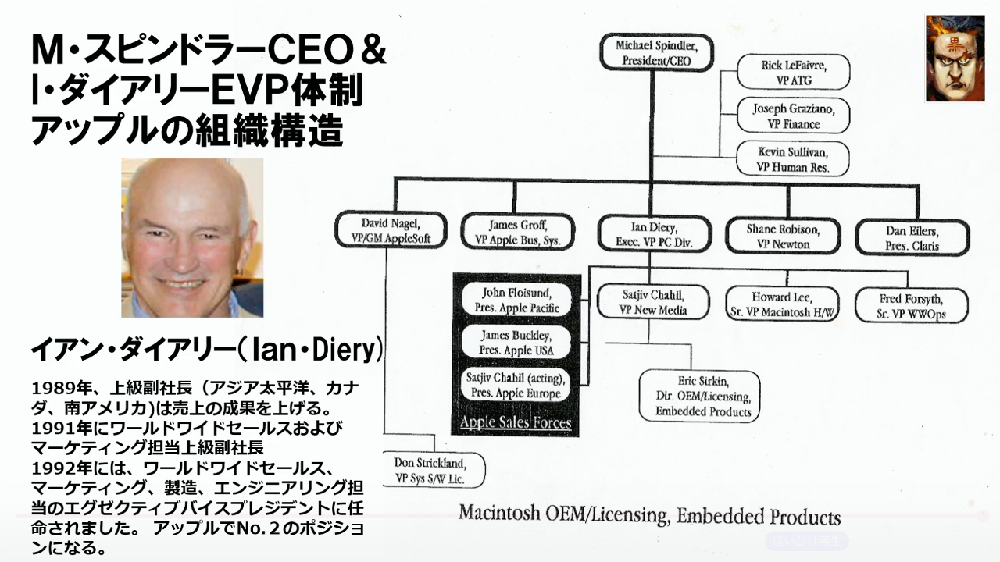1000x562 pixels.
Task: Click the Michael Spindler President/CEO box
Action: pyautogui.click(x=654, y=53)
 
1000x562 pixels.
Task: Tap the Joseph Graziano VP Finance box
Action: pyautogui.click(x=793, y=116)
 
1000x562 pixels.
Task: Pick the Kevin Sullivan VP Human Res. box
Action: pyautogui.click(x=793, y=159)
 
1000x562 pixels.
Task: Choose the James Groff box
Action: pyautogui.click(x=518, y=232)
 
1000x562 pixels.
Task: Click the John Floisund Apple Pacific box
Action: pyautogui.click(x=517, y=301)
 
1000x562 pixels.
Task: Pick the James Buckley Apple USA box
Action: pyautogui.click(x=516, y=343)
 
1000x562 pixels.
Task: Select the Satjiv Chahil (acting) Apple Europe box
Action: pyautogui.click(x=516, y=386)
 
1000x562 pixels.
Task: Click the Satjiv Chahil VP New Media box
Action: pyautogui.click(x=653, y=303)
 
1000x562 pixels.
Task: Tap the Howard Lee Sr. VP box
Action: pyautogui.click(x=782, y=304)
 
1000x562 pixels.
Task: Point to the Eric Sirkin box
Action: pyautogui.click(x=698, y=397)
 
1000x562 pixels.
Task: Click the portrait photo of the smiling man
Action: pyautogui.click(x=192, y=238)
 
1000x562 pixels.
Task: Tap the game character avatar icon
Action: pyautogui.click(x=955, y=59)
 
